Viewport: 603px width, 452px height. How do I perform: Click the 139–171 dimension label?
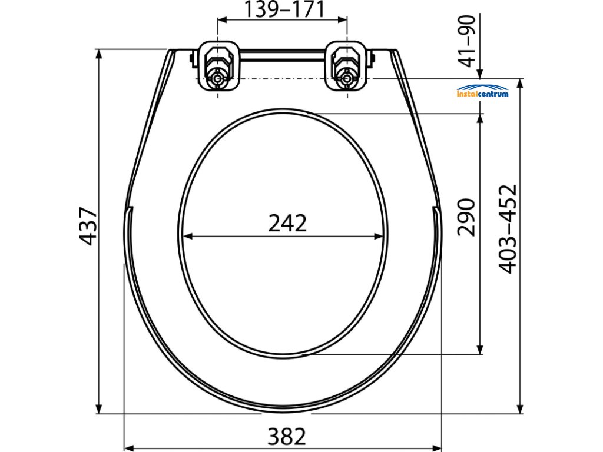coord(284,10)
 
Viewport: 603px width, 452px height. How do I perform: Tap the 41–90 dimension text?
coord(468,41)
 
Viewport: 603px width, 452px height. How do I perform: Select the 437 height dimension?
coord(88,226)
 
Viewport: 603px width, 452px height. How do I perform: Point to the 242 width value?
coord(287,223)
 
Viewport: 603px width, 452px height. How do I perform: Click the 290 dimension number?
coord(466,217)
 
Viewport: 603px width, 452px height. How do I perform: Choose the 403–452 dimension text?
coord(508,229)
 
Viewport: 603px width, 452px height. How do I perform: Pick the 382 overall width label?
coord(287,437)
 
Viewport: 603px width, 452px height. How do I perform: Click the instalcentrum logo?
coord(483,91)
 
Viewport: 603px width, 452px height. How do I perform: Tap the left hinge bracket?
coord(218,66)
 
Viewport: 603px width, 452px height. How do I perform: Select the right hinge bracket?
coord(347,66)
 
